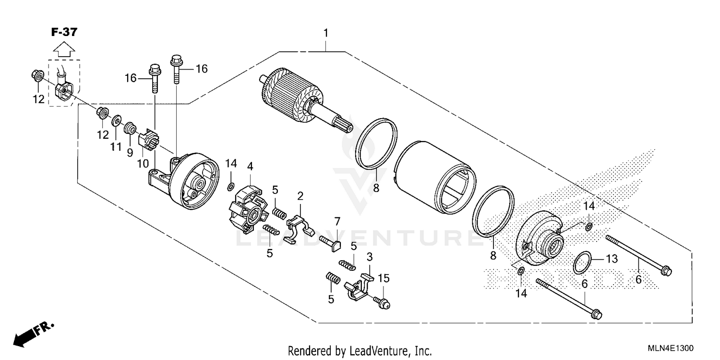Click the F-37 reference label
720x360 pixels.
tap(64, 32)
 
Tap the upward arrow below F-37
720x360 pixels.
tap(63, 48)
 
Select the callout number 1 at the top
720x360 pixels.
tap(326, 33)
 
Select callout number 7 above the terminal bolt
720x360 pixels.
tap(337, 222)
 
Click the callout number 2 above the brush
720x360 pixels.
tap(300, 196)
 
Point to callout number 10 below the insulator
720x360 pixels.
tap(143, 164)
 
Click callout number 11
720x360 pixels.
tap(116, 147)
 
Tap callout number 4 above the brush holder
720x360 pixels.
tap(250, 167)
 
